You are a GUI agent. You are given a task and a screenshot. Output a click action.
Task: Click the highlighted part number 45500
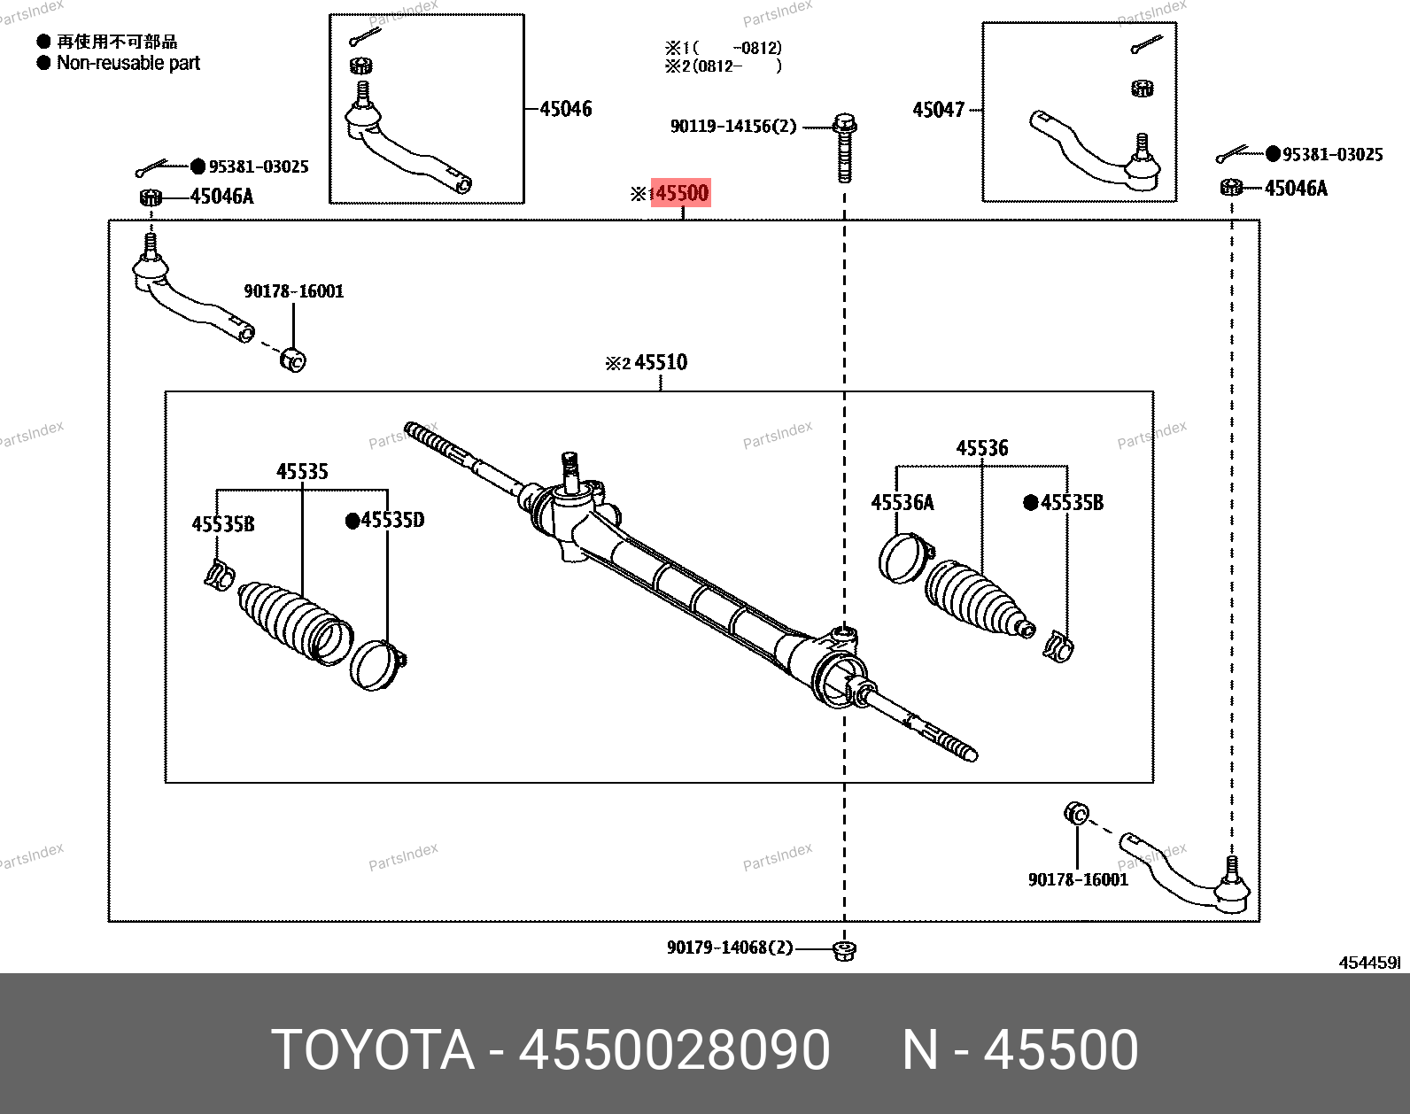(681, 193)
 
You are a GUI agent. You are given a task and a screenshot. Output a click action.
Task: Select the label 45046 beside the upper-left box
(566, 109)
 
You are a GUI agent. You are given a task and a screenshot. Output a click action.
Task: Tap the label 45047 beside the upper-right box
(938, 110)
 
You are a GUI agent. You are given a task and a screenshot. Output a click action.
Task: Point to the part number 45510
(661, 362)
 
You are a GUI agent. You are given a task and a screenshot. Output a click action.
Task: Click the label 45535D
(392, 520)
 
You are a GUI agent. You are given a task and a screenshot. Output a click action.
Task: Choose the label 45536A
(902, 503)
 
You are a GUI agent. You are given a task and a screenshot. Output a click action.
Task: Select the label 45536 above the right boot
(981, 448)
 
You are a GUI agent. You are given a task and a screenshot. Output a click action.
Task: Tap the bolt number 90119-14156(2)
(733, 127)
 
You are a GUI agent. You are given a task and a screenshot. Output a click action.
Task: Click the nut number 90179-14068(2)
(730, 948)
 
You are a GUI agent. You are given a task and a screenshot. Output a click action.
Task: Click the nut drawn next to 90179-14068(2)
(845, 951)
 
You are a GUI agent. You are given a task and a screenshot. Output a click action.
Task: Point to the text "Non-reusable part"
(128, 63)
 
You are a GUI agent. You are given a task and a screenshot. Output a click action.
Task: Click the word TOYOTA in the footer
(373, 1050)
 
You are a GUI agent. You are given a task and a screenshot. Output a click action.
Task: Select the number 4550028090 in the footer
(674, 1050)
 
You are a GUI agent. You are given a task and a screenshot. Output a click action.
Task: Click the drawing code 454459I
(1368, 963)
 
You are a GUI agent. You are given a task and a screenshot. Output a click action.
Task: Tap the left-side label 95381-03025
(259, 166)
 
